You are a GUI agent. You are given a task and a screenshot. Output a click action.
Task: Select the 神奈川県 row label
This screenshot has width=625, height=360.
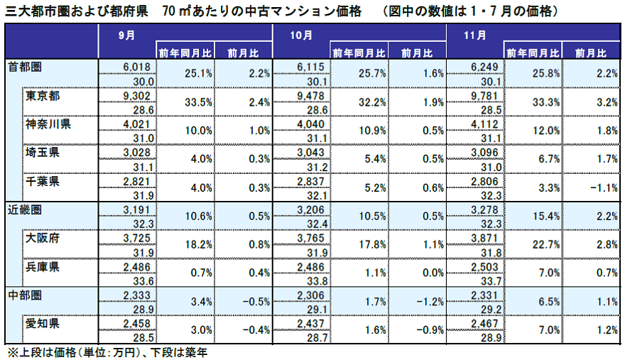point(48,124)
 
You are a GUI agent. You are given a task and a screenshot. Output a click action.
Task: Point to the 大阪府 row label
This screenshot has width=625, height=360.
point(43,238)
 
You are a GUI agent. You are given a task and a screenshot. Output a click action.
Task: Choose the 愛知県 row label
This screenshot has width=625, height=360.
point(43,323)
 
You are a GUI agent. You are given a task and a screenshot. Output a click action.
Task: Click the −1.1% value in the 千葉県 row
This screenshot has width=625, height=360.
point(592,187)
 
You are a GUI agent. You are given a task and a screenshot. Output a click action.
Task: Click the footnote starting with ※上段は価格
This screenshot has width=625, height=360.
point(107,351)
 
